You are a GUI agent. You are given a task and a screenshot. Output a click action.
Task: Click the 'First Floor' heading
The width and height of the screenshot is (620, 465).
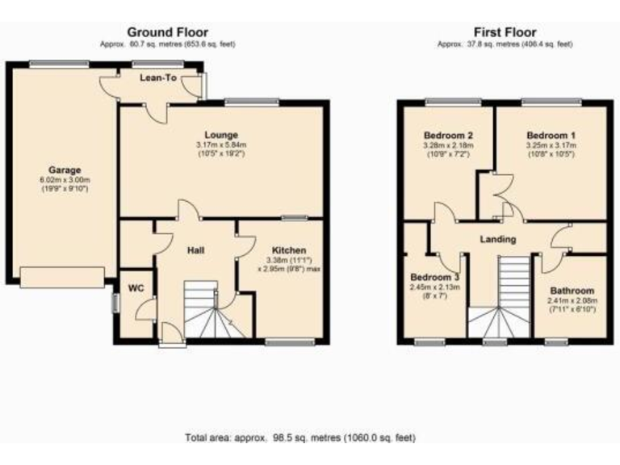point(505,32)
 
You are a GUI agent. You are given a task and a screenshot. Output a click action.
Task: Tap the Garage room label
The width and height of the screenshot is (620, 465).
point(65,170)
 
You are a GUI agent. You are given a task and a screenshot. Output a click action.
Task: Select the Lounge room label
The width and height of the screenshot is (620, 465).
point(220,135)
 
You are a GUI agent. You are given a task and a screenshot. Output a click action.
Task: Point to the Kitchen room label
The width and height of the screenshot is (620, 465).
point(287,250)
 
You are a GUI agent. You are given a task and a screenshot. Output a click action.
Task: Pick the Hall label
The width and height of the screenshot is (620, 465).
point(195,250)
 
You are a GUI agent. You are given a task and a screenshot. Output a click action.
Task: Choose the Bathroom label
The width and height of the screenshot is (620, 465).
point(572,291)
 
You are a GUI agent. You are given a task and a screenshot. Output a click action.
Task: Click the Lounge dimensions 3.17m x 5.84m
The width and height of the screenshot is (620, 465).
point(220,145)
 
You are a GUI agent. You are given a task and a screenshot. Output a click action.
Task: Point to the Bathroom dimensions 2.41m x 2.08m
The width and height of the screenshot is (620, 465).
point(572,300)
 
